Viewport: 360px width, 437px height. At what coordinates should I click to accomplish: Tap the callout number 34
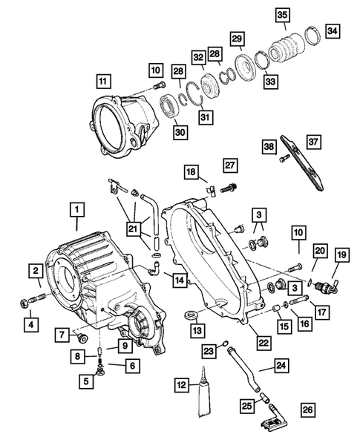coord(332,30)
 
